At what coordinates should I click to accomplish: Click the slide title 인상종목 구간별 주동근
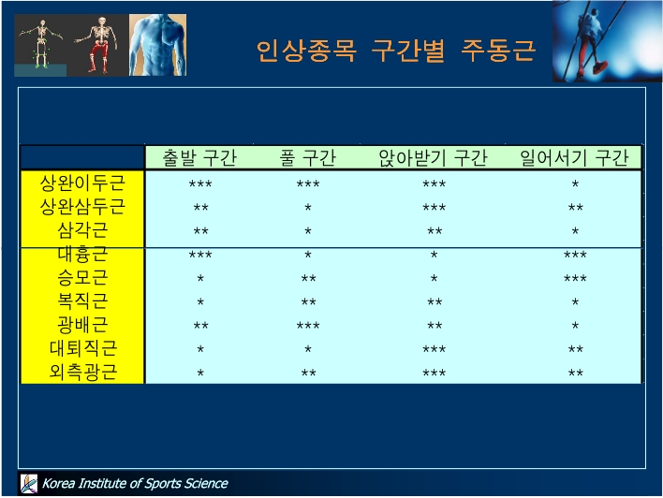click(396, 51)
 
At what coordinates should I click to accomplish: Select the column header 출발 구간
click(199, 157)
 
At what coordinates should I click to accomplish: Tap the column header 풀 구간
click(307, 157)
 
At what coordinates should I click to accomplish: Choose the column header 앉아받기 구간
click(433, 157)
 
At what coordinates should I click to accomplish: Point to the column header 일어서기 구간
click(574, 157)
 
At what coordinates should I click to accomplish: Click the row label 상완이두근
click(82, 183)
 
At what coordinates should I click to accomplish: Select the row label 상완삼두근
click(82, 207)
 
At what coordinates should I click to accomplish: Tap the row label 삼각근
click(82, 230)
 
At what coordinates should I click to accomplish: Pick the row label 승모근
click(82, 278)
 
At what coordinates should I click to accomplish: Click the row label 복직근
click(82, 301)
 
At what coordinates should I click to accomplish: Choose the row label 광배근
click(82, 325)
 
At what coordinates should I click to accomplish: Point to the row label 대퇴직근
click(82, 348)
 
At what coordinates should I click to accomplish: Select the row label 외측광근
click(82, 372)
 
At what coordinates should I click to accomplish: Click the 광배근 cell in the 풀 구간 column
click(308, 326)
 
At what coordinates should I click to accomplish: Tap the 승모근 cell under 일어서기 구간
click(575, 278)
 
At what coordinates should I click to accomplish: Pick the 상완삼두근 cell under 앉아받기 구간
click(434, 207)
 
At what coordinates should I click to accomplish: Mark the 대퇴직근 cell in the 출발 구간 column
click(200, 349)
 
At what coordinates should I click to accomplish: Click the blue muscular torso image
click(157, 45)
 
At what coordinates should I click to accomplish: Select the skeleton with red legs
click(98, 45)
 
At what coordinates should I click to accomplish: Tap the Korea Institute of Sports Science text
click(135, 483)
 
